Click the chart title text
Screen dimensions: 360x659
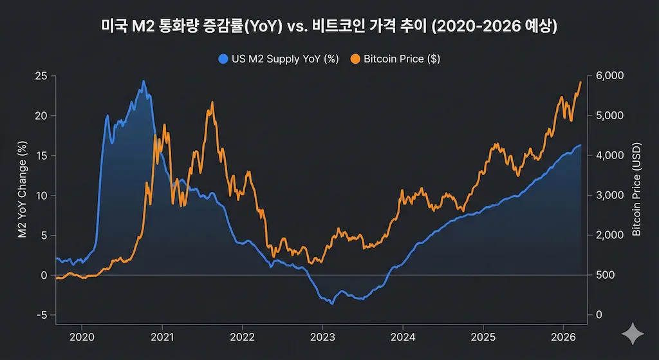coord(329,26)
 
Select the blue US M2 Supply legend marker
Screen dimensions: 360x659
coord(223,59)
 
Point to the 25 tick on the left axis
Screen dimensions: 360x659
coord(42,76)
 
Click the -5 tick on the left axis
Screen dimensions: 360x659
coord(42,315)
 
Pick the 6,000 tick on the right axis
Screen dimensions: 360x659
coord(611,76)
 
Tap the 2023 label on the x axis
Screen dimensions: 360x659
coord(322,336)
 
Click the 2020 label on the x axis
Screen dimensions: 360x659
coord(81,336)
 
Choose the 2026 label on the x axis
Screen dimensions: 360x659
coord(563,336)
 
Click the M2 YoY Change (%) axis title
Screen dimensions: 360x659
coord(23,195)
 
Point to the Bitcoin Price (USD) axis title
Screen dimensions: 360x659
coord(636,195)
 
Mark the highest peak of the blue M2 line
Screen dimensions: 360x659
coord(144,81)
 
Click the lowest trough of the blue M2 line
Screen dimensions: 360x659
coord(332,303)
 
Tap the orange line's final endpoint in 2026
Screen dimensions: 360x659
coord(581,82)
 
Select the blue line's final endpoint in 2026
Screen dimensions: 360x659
coord(581,146)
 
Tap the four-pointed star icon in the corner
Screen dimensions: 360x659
coord(633,334)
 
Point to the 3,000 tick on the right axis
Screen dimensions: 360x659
coord(611,195)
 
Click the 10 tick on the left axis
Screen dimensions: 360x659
coord(42,195)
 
